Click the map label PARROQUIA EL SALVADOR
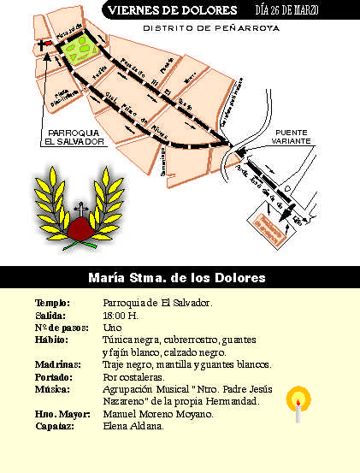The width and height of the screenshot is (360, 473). [77, 138]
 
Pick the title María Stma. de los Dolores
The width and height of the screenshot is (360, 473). [177, 278]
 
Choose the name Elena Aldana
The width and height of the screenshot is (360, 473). [133, 426]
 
